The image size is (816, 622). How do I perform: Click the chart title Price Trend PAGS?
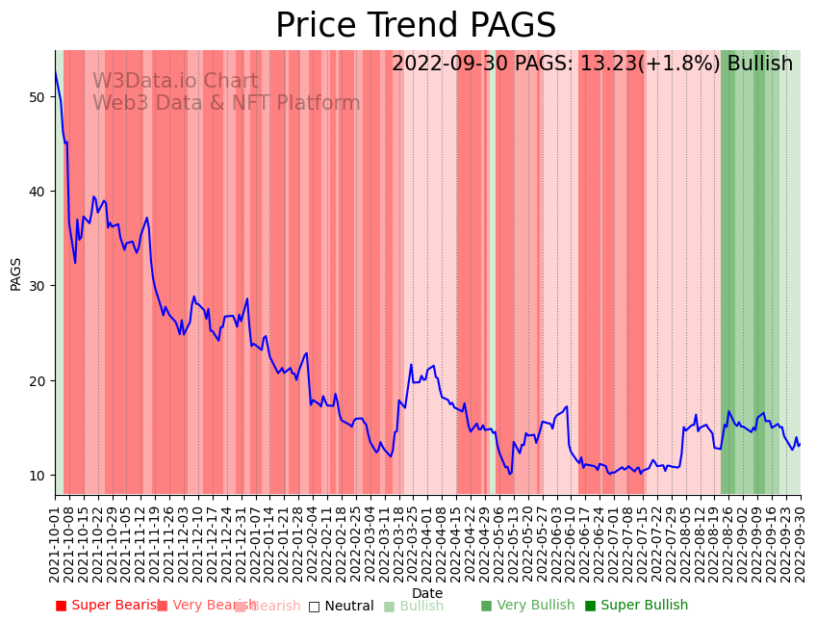pos(416,26)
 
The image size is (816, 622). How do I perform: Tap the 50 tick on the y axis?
pos(37,97)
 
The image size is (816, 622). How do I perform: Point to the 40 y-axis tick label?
pos(37,192)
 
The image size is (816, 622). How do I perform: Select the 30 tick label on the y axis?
pos(37,286)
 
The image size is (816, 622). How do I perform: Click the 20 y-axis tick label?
pos(37,380)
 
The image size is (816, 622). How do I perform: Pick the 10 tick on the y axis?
pos(37,476)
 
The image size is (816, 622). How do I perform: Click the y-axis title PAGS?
pos(16,272)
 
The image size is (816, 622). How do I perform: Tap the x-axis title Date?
pos(427,593)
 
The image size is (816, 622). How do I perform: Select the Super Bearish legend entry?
pos(108,606)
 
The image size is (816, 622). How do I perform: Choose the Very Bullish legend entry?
pos(527,606)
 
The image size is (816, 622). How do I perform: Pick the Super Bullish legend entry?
pos(636,606)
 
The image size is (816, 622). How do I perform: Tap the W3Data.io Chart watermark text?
pos(175,82)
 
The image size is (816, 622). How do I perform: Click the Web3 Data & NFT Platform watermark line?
pos(226,104)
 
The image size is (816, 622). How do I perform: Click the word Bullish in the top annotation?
pos(760,64)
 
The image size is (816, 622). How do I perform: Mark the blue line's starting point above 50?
pos(56,73)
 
